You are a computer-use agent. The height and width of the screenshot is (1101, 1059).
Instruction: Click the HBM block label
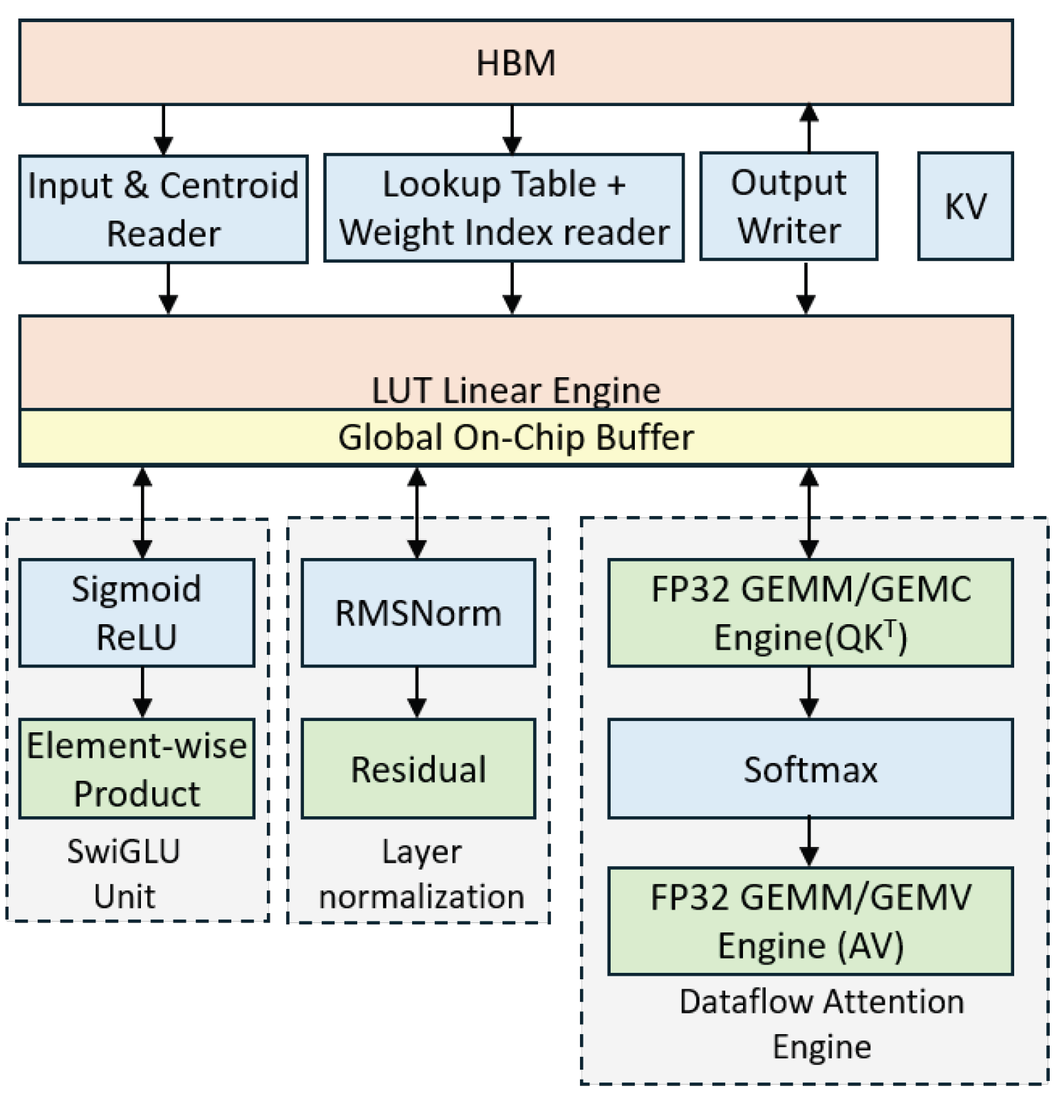point(515,63)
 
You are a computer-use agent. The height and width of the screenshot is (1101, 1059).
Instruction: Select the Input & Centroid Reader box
point(163,209)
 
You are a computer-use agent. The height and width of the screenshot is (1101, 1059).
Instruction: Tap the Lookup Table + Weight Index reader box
point(504,208)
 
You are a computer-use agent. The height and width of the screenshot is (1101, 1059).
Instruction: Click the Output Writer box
point(789,206)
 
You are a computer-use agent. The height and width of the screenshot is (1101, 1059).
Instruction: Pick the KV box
point(965,206)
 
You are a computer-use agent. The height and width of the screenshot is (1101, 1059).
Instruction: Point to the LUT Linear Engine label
point(515,390)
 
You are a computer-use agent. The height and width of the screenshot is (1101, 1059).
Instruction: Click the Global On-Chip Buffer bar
point(515,438)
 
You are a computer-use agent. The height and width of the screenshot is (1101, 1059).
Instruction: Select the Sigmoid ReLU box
point(137,613)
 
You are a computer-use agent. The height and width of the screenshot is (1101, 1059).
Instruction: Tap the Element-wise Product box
point(137,769)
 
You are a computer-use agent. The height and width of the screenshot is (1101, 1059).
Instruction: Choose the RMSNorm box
point(418,613)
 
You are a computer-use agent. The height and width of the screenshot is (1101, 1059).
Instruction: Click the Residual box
point(418,769)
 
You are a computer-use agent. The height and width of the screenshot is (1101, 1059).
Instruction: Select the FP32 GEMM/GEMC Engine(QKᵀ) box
point(810,613)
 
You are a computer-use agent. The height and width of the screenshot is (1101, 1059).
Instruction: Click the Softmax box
point(810,769)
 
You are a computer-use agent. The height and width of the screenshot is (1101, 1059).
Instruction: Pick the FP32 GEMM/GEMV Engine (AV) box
point(810,921)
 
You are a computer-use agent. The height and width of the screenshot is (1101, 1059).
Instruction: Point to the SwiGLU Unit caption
point(124,873)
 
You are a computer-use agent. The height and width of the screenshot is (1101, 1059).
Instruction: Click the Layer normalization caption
point(421,874)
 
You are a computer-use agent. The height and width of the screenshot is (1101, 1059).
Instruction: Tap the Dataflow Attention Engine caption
point(821,1023)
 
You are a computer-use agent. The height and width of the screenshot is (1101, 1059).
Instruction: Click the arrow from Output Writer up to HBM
point(808,129)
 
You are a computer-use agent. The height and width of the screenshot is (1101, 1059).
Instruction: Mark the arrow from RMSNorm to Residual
point(417,692)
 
